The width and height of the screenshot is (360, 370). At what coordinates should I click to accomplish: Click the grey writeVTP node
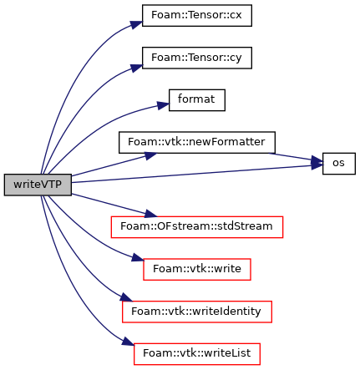(x=38, y=185)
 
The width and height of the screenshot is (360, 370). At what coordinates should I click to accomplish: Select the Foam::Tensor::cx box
(x=197, y=16)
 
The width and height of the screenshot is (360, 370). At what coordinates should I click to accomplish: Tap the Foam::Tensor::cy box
(x=197, y=58)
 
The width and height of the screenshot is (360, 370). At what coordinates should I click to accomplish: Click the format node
(x=197, y=100)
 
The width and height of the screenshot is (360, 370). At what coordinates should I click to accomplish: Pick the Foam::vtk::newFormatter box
(x=197, y=142)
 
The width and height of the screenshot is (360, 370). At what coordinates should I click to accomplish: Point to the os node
(x=339, y=164)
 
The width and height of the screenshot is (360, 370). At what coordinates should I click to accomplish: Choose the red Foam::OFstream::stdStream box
(x=197, y=227)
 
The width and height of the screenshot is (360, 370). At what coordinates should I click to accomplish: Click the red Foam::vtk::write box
(x=197, y=269)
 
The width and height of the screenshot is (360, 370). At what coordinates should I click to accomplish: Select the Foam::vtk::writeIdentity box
(x=197, y=312)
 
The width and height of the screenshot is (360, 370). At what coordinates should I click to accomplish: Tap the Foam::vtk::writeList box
(x=197, y=354)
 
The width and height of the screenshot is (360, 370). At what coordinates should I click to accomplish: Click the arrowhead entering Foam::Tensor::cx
(x=136, y=24)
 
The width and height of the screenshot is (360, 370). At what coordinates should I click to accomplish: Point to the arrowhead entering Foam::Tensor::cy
(x=137, y=68)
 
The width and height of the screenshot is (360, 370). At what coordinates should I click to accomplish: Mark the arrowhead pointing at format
(x=163, y=105)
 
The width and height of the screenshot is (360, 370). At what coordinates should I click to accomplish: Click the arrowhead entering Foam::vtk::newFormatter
(x=151, y=155)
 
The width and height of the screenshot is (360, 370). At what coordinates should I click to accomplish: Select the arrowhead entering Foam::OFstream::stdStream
(x=151, y=214)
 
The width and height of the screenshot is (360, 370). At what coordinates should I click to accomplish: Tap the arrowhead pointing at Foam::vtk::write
(x=138, y=258)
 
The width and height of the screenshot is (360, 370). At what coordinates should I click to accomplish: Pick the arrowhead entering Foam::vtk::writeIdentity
(x=126, y=298)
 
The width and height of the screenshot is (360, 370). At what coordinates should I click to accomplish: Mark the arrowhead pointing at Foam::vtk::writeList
(x=128, y=342)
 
